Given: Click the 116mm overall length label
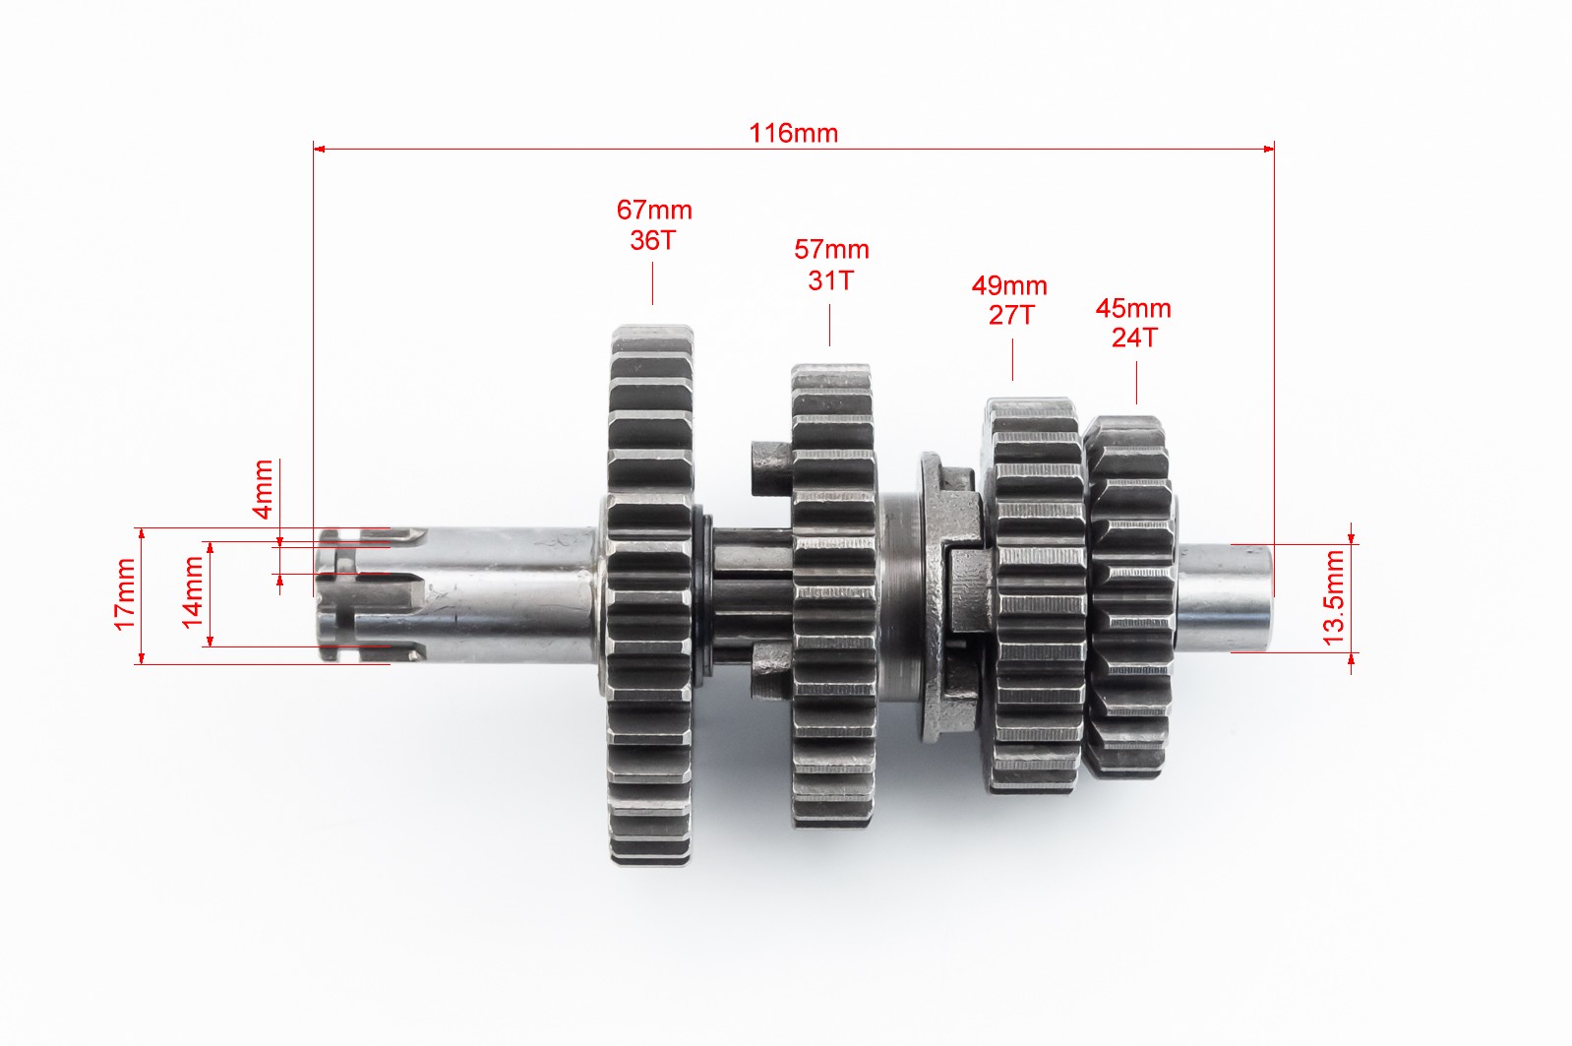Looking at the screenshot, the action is tap(794, 134).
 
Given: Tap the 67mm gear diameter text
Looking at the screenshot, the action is tap(654, 210).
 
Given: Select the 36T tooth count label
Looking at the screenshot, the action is tap(652, 241).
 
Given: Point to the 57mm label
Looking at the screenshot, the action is tap(831, 249).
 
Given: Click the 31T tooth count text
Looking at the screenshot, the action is tap(831, 280).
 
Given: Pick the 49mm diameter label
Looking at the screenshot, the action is tap(1009, 285).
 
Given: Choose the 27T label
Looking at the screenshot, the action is tap(1011, 316).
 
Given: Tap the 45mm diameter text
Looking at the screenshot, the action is tap(1133, 308).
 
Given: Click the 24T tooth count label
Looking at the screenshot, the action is tap(1135, 338).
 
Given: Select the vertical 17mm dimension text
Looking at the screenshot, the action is tap(125, 594).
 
